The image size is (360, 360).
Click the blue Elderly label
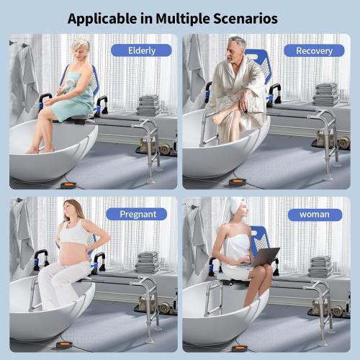[x=141, y=50]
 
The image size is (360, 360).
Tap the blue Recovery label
[x=314, y=50]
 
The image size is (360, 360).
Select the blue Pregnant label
[x=136, y=214]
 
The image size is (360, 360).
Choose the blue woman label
[x=314, y=214]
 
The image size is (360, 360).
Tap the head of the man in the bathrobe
[x=238, y=46]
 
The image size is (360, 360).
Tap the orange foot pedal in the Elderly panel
[x=68, y=185]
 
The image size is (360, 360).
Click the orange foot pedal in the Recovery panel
[x=238, y=183]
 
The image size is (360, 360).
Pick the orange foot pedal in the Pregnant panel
[x=64, y=346]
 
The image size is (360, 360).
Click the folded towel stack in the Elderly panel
[x=148, y=105]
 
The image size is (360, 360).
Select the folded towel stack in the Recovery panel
[x=326, y=94]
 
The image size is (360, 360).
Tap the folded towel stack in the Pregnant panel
[x=148, y=262]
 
